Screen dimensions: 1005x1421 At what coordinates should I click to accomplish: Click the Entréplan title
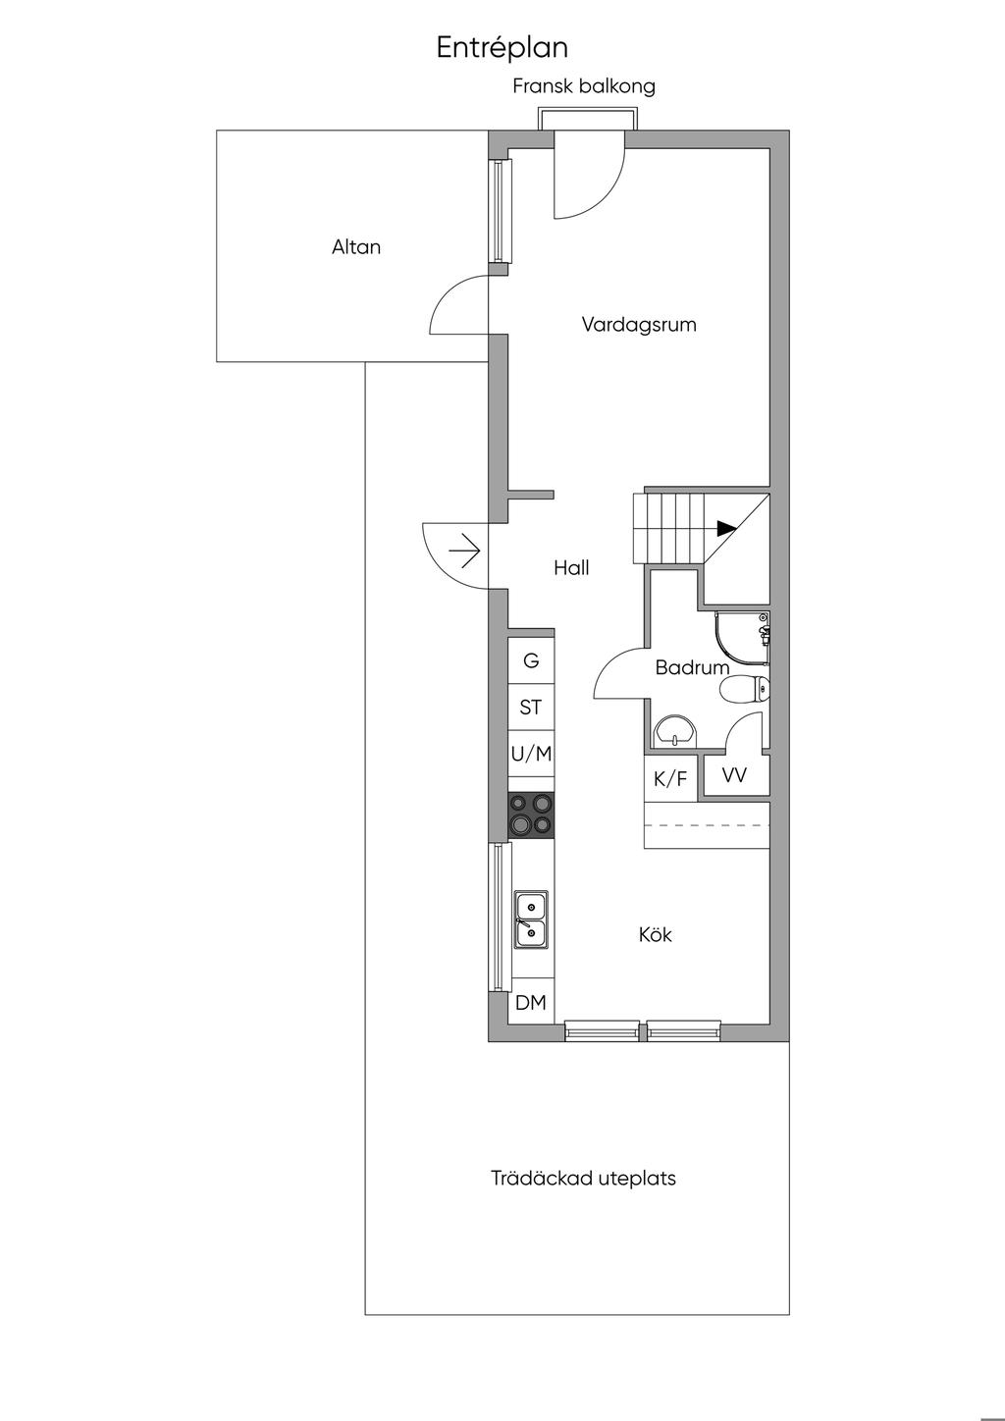click(x=502, y=48)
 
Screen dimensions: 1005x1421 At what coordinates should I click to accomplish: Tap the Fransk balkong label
click(x=584, y=86)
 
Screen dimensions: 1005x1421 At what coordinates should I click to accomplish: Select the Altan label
click(x=356, y=246)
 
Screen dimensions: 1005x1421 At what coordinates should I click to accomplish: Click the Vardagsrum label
click(x=639, y=325)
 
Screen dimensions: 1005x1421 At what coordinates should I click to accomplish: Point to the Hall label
click(x=571, y=568)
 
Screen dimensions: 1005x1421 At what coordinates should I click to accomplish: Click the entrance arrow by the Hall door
click(x=464, y=551)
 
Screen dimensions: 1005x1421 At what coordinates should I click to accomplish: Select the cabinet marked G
click(x=531, y=660)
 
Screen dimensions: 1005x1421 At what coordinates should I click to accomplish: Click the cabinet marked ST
click(x=531, y=707)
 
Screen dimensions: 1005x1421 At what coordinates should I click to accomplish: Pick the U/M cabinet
click(x=531, y=754)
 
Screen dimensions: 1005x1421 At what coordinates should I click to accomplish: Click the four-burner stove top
click(x=531, y=816)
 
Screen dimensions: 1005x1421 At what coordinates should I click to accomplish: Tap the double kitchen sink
click(x=531, y=921)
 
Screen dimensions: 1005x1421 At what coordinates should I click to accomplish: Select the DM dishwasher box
click(x=531, y=1002)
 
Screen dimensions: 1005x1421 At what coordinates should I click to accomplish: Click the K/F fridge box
click(x=670, y=778)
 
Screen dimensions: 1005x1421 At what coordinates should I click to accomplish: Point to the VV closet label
click(x=735, y=774)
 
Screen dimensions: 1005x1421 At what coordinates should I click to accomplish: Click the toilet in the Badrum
click(x=745, y=690)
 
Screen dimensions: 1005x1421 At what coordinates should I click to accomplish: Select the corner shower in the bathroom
click(x=742, y=640)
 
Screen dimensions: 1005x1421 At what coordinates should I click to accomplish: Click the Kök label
click(x=655, y=934)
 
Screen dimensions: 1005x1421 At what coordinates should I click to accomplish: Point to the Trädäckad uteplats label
click(x=583, y=1179)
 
